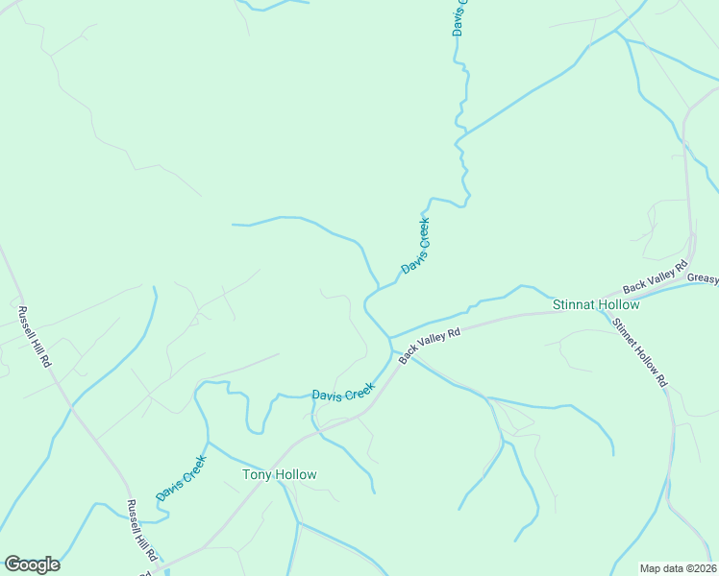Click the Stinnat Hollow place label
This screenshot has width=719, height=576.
pyautogui.click(x=596, y=304)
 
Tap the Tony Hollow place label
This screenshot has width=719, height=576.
pyautogui.click(x=280, y=474)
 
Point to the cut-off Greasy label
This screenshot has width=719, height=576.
pyautogui.click(x=703, y=278)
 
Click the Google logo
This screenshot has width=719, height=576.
pyautogui.click(x=32, y=564)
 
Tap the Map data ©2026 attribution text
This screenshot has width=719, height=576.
pyautogui.click(x=678, y=568)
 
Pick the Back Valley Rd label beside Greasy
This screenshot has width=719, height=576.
pyautogui.click(x=657, y=276)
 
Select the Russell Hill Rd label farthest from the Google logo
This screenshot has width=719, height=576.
pyautogui.click(x=34, y=337)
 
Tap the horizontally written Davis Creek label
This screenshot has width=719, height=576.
pyautogui.click(x=342, y=394)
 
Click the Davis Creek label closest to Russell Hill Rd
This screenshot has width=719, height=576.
pyautogui.click(x=182, y=477)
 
